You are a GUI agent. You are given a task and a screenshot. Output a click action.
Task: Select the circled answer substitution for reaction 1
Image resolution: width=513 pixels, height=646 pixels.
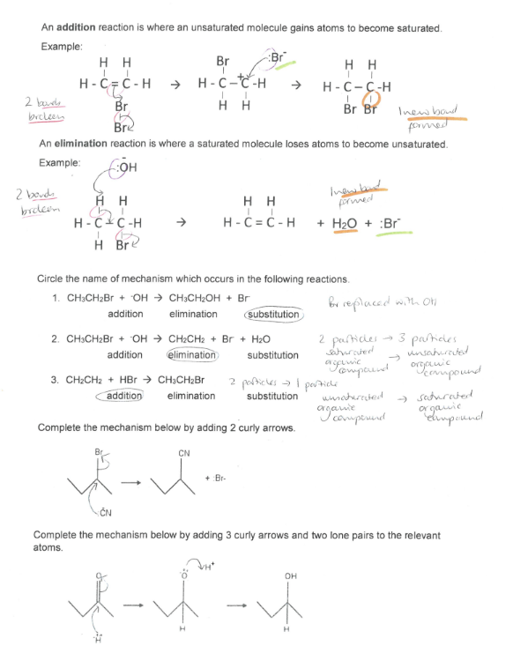point(273,314)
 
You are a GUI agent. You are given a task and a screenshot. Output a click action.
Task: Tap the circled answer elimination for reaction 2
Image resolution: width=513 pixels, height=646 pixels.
point(192,355)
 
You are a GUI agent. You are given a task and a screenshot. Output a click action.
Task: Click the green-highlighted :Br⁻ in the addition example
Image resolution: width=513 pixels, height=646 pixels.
point(279,61)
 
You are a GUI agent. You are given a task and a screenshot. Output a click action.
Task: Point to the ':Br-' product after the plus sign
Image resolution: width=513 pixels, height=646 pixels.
point(218,478)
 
